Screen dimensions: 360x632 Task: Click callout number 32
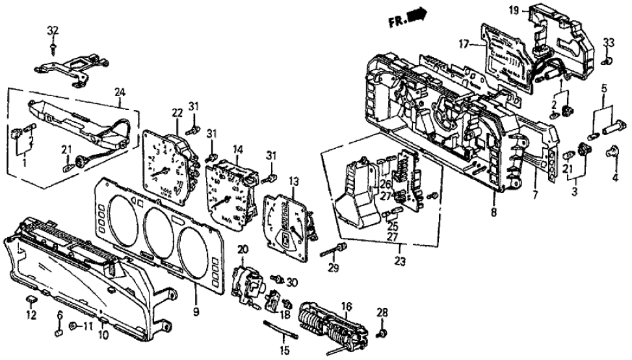(53, 31)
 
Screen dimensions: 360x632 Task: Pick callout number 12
(30, 316)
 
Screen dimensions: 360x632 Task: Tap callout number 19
(513, 10)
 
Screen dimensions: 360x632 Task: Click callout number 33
(609, 43)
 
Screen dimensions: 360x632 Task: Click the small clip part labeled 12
(30, 300)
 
